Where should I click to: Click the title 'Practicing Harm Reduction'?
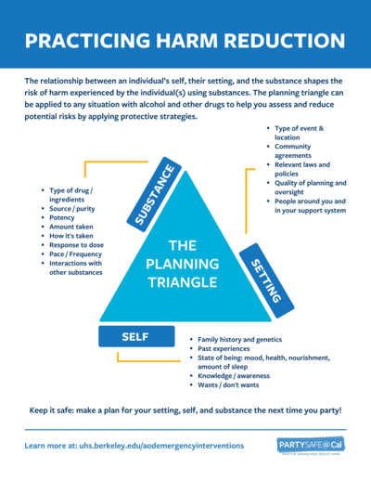pos(185,42)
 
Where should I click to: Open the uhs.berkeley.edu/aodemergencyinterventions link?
pos(134,446)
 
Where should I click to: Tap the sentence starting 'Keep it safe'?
pos(185,409)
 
